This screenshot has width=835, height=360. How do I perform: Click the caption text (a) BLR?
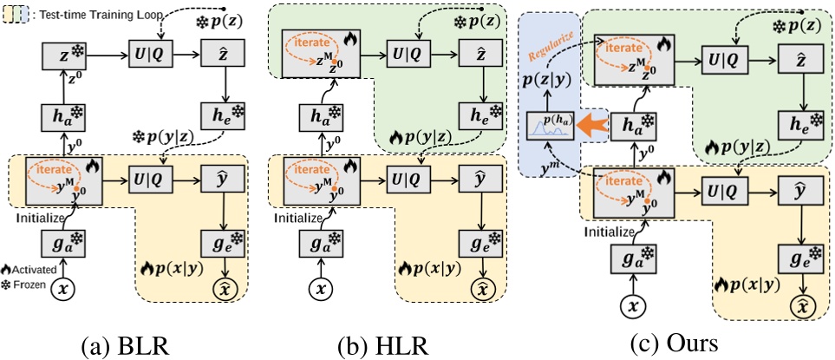pos(127,346)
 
